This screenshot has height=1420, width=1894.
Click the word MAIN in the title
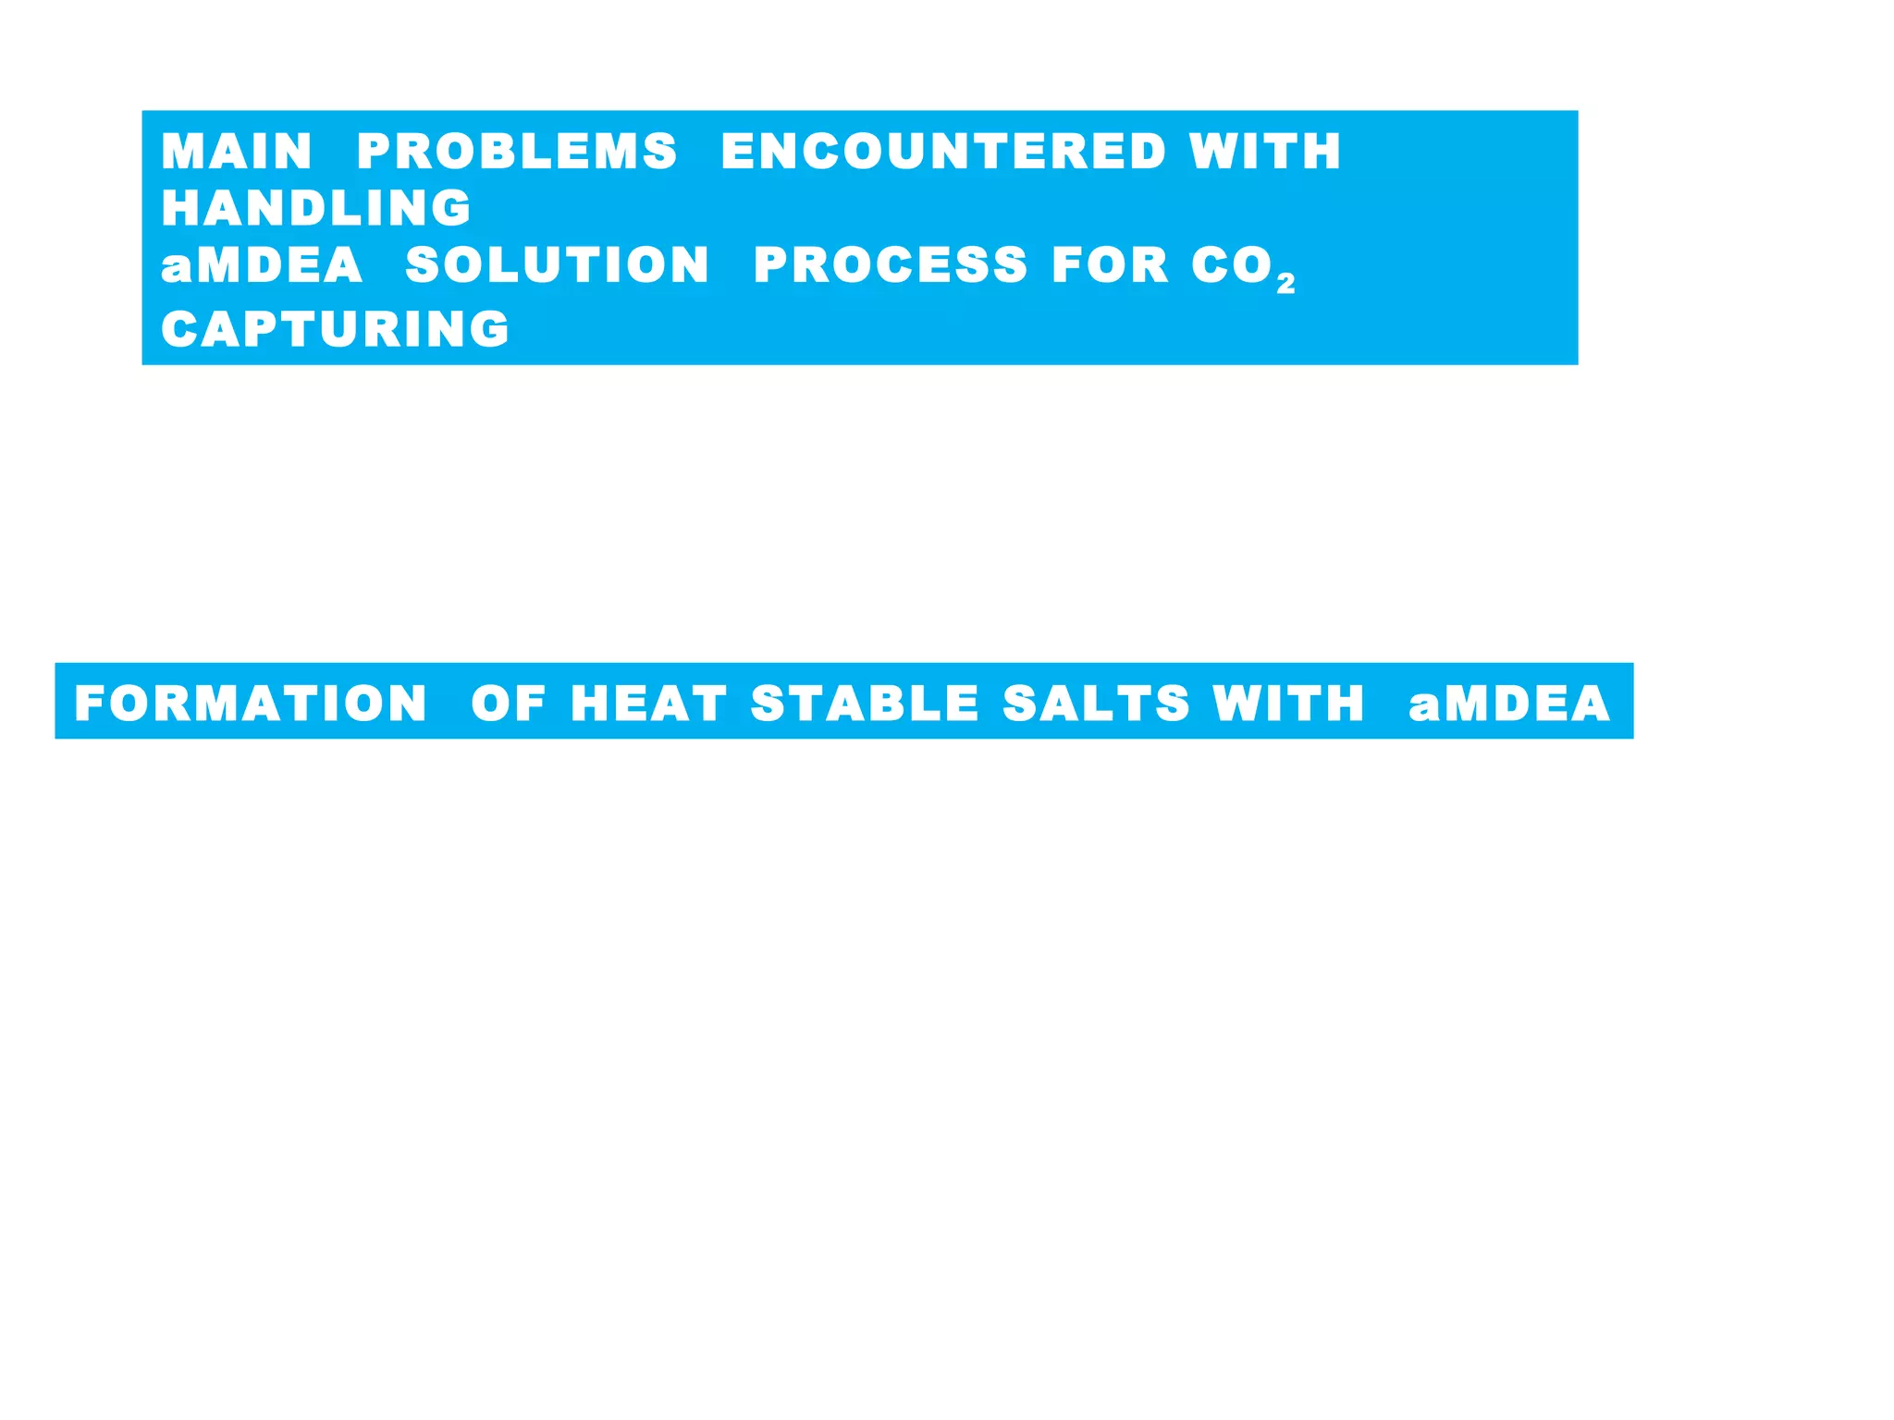237,152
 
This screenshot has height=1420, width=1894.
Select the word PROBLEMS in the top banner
517,152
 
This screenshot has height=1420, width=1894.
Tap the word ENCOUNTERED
943,152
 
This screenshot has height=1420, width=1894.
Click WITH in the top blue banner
1265,152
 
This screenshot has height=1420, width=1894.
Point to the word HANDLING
316,208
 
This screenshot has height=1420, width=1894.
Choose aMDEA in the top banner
262,265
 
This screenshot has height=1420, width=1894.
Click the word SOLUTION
558,265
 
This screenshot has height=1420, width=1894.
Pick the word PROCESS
890,265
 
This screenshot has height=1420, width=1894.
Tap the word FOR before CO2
1111,265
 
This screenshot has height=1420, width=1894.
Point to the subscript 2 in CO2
1285,284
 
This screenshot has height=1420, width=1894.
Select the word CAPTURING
335,329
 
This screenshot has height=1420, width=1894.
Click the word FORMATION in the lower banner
251,704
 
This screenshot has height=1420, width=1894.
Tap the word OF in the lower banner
509,704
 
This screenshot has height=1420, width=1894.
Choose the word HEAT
648,704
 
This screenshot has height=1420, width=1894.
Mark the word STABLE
865,704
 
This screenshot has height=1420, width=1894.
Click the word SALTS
1096,704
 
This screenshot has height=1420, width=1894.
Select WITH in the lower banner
1288,704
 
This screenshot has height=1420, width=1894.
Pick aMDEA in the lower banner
1509,704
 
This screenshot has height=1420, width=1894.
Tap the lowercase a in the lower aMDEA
1424,707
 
